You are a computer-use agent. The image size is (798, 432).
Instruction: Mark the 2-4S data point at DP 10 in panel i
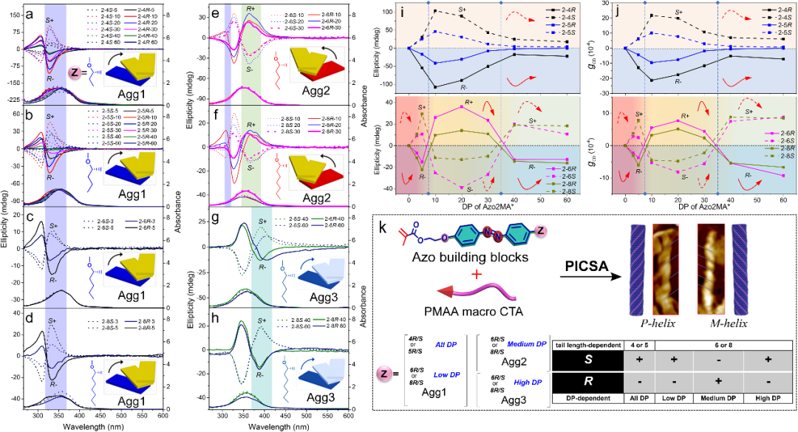tap(435, 10)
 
